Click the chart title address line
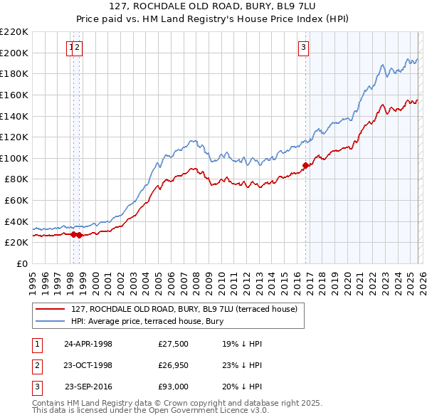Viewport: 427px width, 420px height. click(x=213, y=8)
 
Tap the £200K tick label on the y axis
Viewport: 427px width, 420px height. click(x=14, y=53)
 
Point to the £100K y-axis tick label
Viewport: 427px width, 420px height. click(x=14, y=158)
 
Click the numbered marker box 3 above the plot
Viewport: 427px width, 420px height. click(x=303, y=48)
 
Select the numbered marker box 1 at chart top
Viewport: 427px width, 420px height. click(x=71, y=48)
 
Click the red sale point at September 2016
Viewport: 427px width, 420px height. click(x=306, y=165)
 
